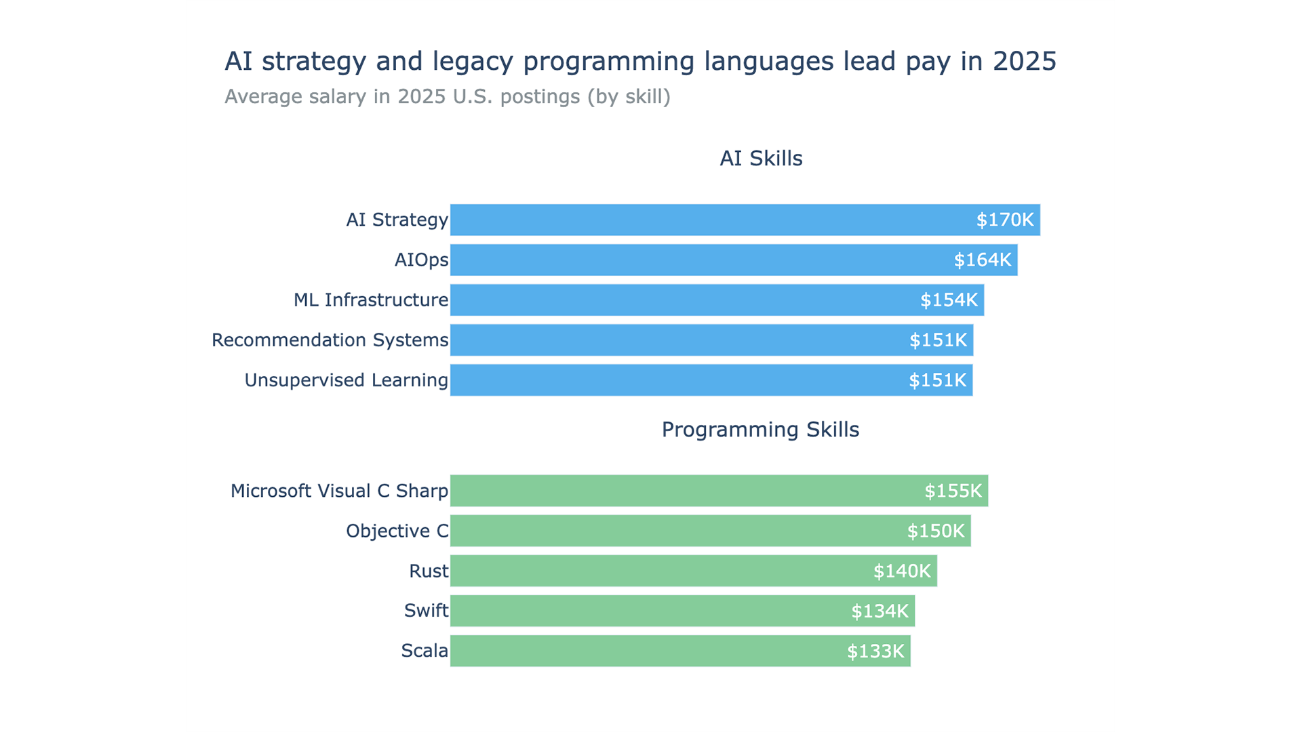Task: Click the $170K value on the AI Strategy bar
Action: point(1004,220)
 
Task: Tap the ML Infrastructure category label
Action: point(370,300)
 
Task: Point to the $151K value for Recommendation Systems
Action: point(938,340)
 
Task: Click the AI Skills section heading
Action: point(760,158)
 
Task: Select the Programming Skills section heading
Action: point(760,429)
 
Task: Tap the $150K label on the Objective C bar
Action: point(935,531)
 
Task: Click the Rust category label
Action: point(428,571)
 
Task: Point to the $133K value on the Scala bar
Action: point(875,651)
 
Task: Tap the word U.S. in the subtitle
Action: point(473,96)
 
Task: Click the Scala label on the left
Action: point(424,651)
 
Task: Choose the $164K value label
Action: point(982,260)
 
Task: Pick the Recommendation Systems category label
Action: point(330,340)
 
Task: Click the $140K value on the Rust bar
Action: point(901,571)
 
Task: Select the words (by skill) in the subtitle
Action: point(629,96)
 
